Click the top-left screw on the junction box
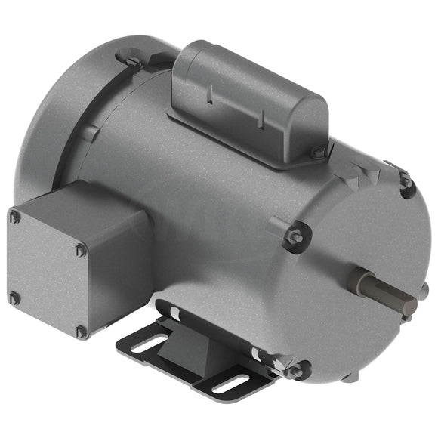tap(15, 217)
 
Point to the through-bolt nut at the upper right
tap(406, 181)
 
